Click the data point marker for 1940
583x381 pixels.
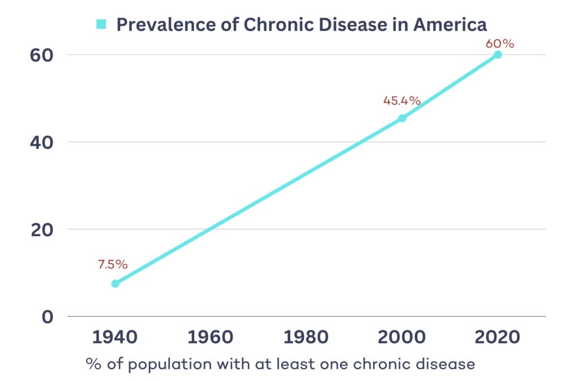click(115, 283)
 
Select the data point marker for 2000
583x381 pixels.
click(402, 118)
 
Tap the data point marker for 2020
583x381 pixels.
click(498, 54)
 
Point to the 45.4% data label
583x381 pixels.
click(402, 101)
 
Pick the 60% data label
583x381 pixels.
click(499, 43)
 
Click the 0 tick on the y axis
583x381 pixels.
click(46, 316)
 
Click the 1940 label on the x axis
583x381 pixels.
click(115, 337)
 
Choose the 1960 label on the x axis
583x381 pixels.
click(211, 337)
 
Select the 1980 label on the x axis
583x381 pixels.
click(306, 337)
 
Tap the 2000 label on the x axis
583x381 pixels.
click(402, 337)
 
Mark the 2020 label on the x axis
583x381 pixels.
click(498, 337)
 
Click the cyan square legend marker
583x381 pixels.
click(101, 24)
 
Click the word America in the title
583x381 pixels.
click(450, 25)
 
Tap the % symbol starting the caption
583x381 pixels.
click(92, 363)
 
